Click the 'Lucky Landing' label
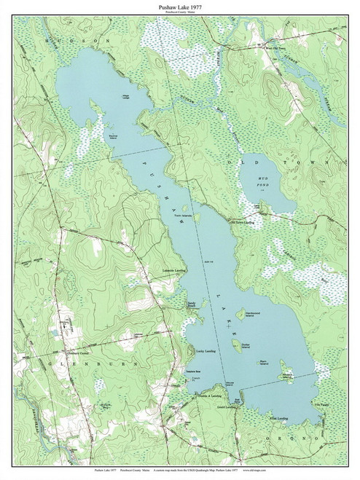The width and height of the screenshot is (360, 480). [x=209, y=350]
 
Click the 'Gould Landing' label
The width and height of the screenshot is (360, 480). [x=227, y=407]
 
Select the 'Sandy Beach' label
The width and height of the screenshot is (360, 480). [x=192, y=307]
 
